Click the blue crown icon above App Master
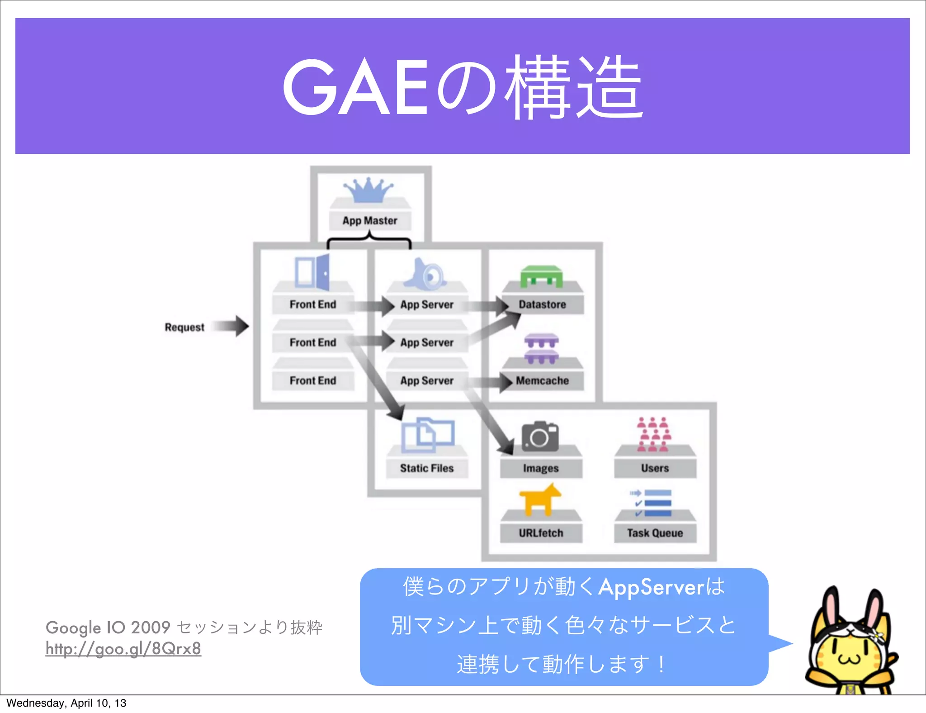(369, 190)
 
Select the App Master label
(370, 221)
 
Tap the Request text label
(184, 327)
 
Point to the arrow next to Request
(231, 326)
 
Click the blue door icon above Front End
(312, 272)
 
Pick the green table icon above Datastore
(541, 276)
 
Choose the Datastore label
(542, 304)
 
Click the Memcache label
(542, 380)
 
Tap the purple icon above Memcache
(541, 349)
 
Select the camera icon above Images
(540, 437)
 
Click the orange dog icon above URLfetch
(539, 500)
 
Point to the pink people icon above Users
(654, 434)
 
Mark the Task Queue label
(655, 533)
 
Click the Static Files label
(426, 468)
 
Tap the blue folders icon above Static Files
(427, 435)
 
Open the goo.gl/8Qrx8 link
(123, 648)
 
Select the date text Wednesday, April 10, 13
(66, 703)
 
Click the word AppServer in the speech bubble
(651, 587)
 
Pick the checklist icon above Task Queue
(651, 503)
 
